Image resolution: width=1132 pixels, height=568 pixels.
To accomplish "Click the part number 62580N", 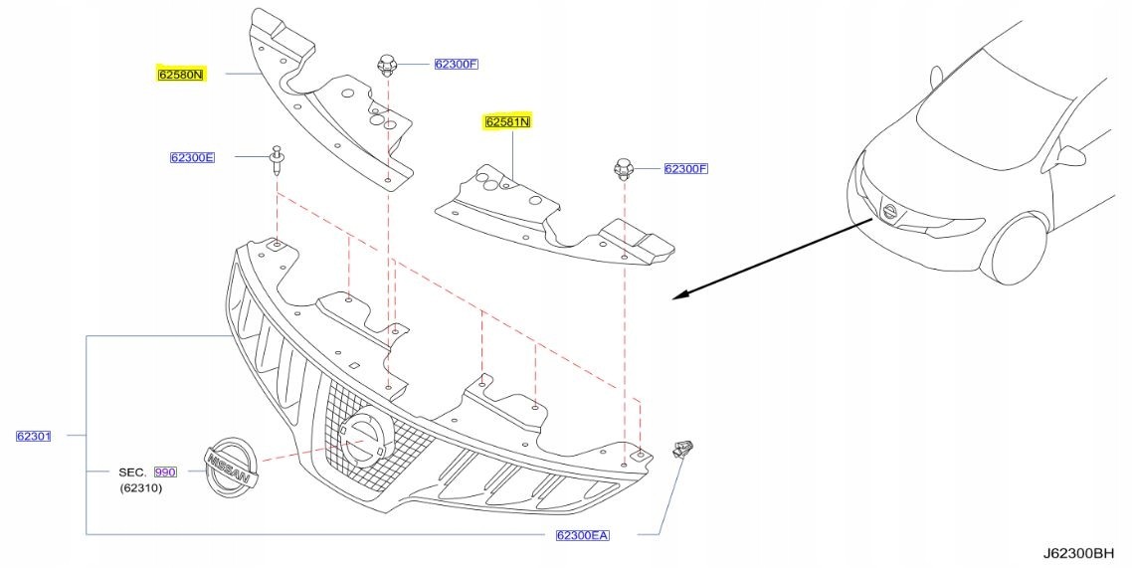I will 180,74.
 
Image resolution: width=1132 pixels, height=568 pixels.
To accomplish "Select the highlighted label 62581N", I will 507,122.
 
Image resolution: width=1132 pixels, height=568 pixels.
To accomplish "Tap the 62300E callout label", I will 192,157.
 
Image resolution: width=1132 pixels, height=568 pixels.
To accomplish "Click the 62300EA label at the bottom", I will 582,535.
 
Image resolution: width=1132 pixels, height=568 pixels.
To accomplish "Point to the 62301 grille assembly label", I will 33,436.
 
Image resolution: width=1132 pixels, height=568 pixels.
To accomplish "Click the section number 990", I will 164,472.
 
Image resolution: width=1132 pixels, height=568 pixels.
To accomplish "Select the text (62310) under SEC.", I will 140,487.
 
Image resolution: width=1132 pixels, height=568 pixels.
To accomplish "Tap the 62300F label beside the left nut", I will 457,65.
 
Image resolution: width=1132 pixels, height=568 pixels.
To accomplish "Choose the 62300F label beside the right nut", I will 685,168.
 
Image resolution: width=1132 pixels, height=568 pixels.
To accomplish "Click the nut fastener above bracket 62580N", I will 387,68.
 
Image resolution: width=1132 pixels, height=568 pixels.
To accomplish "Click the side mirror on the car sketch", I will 1073,155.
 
